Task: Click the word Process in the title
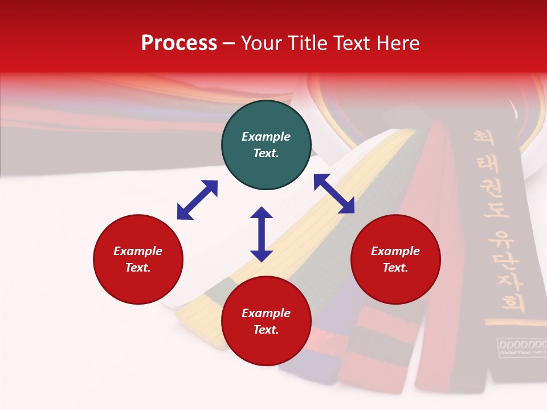tap(179, 43)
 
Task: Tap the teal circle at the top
tap(266, 145)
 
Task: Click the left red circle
tap(138, 260)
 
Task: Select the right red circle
tap(395, 260)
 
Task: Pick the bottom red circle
tap(266, 322)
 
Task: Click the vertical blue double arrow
tap(262, 234)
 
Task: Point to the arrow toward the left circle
tap(197, 200)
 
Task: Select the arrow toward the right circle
tap(334, 194)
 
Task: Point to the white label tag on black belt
tap(521, 347)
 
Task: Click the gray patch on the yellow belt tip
tap(219, 290)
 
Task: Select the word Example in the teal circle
tap(266, 137)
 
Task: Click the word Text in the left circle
tap(138, 268)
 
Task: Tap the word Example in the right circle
tap(395, 251)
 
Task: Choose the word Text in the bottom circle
tap(266, 330)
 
